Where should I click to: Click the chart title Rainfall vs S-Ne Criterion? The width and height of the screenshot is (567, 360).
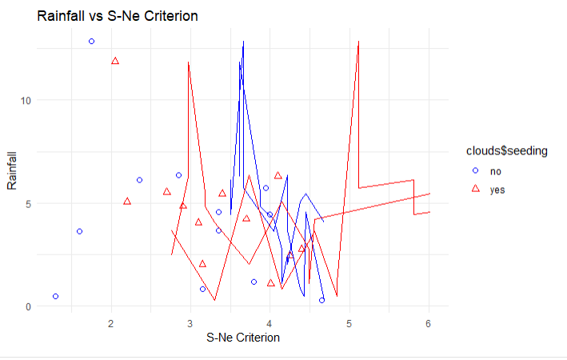(x=118, y=17)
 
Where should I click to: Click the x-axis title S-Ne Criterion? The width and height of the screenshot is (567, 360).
(x=243, y=338)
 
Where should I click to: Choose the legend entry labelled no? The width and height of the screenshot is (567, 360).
(x=496, y=171)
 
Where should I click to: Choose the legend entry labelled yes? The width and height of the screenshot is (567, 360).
(x=497, y=190)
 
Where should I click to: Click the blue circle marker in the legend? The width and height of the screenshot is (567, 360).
(x=475, y=171)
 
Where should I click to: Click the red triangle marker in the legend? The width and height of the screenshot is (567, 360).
(x=475, y=190)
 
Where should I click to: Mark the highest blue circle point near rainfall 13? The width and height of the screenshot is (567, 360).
(x=91, y=41)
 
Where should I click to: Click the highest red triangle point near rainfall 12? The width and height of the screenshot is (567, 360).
(x=115, y=61)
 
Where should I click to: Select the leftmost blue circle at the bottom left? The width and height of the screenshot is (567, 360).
(x=55, y=296)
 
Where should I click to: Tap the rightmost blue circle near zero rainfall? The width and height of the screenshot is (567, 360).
(x=321, y=300)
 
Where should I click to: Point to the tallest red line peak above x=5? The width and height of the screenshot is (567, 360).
(x=358, y=42)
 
